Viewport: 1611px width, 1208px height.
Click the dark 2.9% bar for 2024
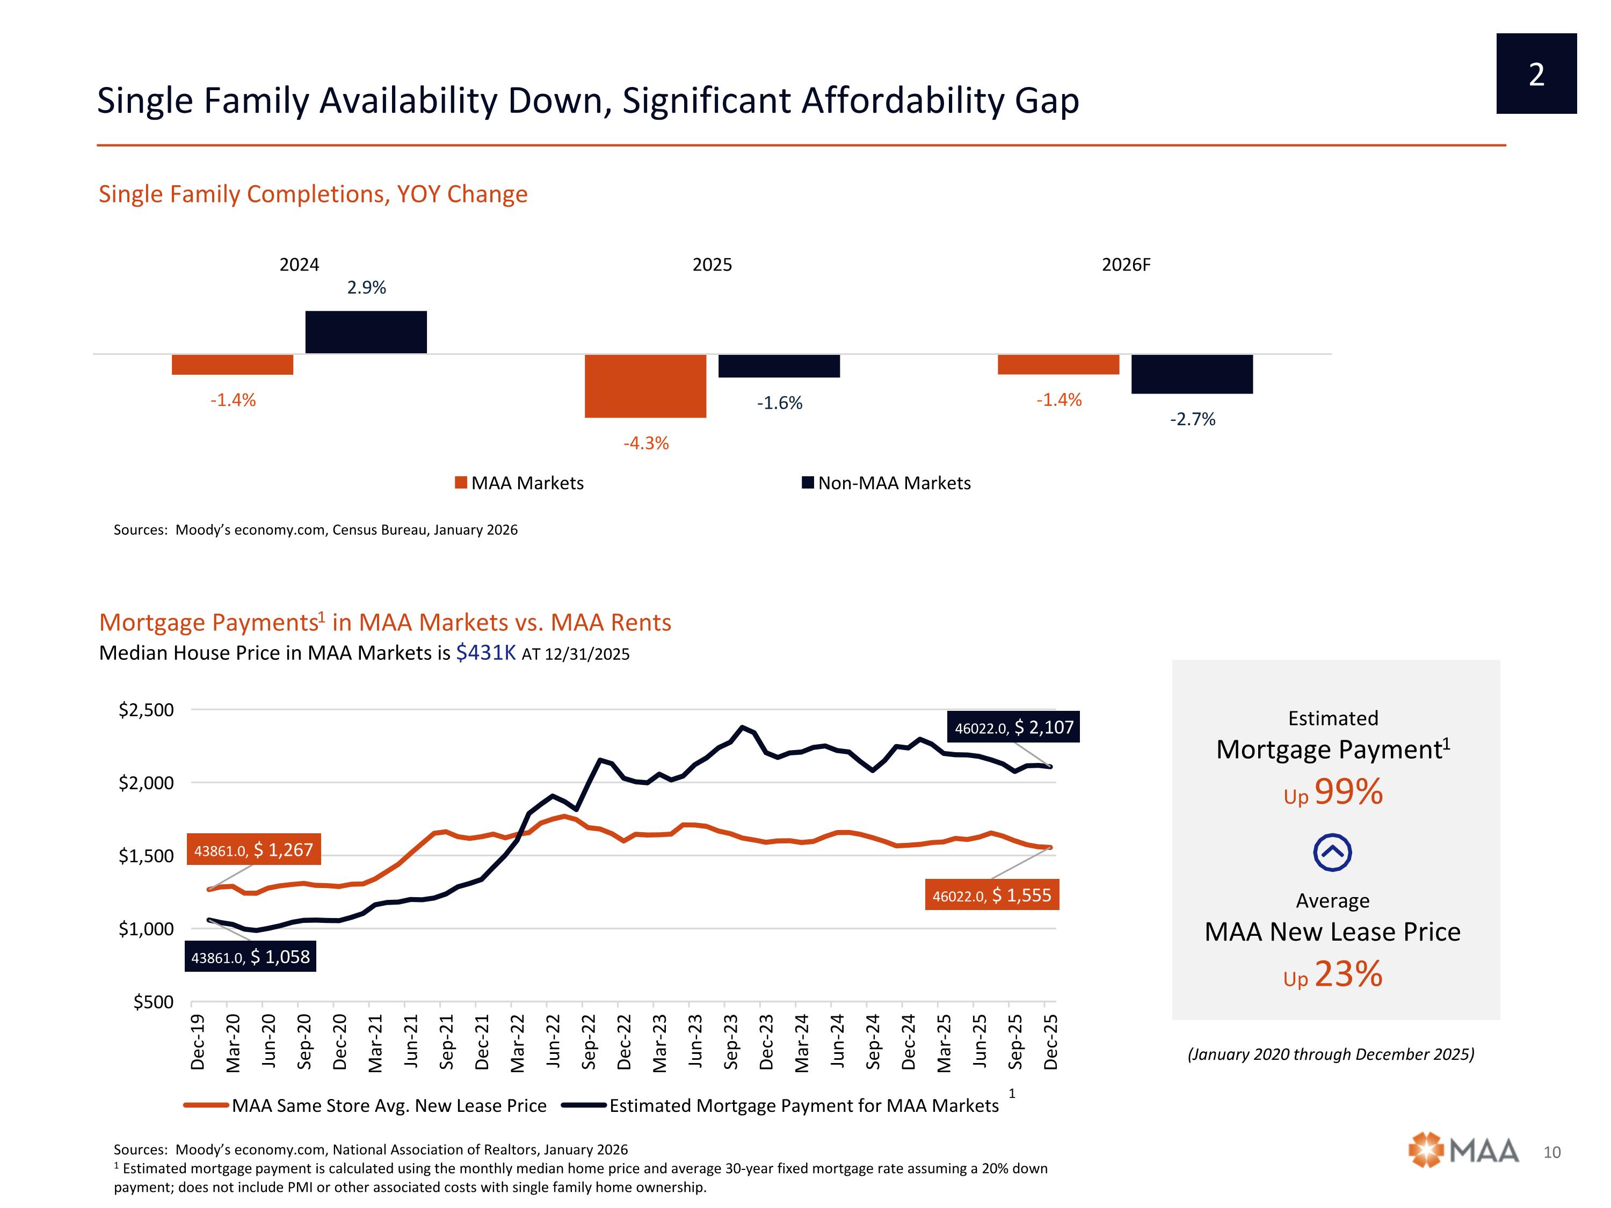click(366, 332)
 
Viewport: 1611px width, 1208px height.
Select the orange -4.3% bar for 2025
click(645, 386)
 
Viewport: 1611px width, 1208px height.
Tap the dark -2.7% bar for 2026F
click(1192, 374)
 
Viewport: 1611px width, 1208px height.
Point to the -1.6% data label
click(779, 403)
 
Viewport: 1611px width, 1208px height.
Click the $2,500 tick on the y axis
click(147, 710)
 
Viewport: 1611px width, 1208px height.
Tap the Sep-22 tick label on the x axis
click(589, 1042)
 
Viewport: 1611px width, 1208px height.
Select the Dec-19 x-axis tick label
click(198, 1042)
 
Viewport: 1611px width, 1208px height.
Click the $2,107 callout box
click(1013, 727)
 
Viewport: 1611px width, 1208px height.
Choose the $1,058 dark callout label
click(251, 957)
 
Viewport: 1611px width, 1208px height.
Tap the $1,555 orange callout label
click(992, 896)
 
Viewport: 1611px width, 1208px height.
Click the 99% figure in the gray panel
click(1348, 792)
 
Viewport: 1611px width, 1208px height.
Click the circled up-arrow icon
click(1333, 852)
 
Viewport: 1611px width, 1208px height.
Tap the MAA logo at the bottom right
click(1463, 1151)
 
